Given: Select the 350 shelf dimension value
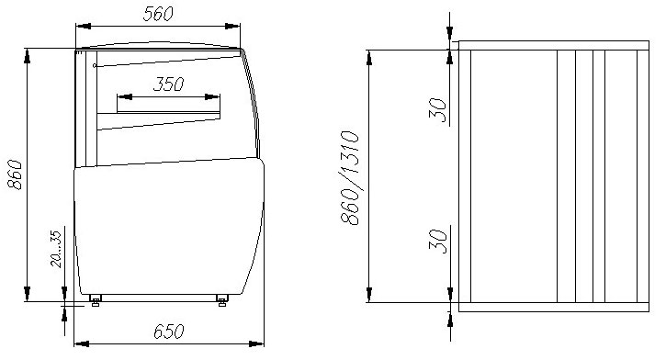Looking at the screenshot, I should [x=168, y=84].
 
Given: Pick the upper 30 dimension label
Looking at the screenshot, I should [x=440, y=110].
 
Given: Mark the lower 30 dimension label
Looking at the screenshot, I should [x=440, y=241].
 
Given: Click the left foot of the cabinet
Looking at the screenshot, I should [x=95, y=298].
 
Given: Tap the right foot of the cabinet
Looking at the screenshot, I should [x=221, y=298].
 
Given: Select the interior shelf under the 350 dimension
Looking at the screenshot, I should [x=161, y=113].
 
